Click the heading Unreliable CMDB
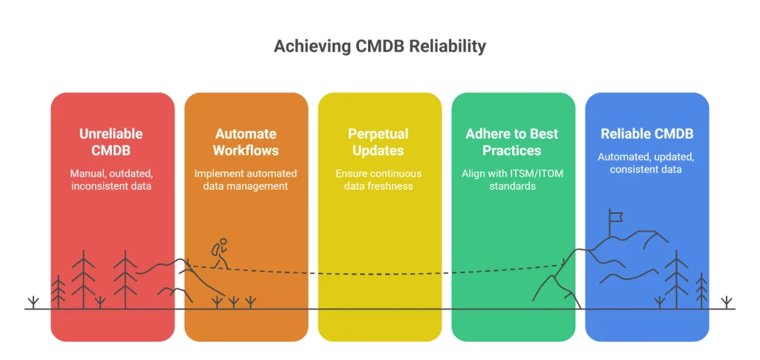(111, 142)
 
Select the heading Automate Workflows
(246, 142)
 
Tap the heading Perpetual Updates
(379, 142)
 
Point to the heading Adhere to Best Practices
(513, 142)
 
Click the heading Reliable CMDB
(646, 134)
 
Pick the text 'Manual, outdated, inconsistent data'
(111, 180)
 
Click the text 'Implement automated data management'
(246, 180)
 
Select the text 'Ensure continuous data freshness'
(379, 180)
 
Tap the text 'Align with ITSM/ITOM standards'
(513, 180)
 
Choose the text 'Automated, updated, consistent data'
(646, 163)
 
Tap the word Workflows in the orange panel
(246, 150)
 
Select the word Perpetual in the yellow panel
(379, 134)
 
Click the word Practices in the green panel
(513, 150)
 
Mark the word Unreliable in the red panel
(111, 134)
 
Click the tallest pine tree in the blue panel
(676, 278)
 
